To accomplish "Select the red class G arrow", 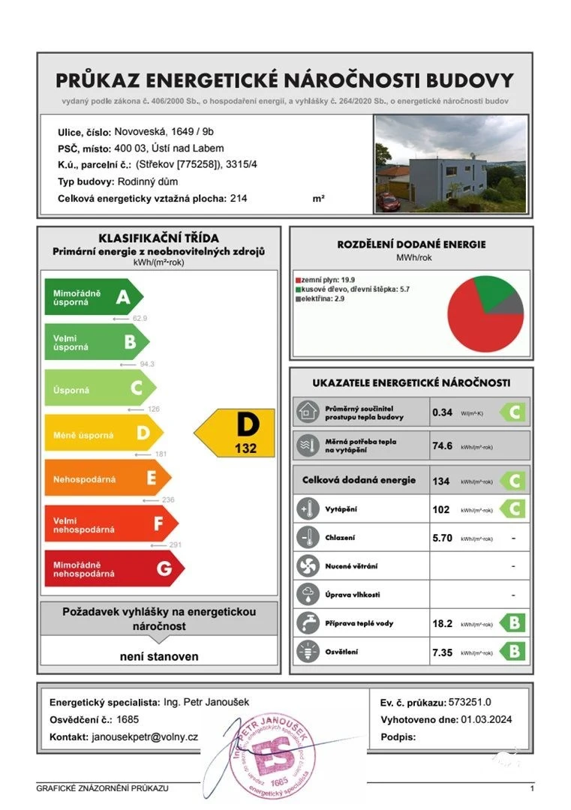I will click(x=113, y=568).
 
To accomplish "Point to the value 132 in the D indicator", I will click(x=245, y=448).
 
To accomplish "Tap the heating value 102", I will click(x=441, y=510).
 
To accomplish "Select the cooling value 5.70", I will click(x=442, y=538).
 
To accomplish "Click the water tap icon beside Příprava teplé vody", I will click(x=307, y=623).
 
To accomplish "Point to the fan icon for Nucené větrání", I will click(x=307, y=566).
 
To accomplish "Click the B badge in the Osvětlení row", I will click(x=514, y=652).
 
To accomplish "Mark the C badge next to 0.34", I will click(x=514, y=412).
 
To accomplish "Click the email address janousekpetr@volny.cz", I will click(x=145, y=737).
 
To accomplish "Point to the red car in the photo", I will click(x=387, y=201).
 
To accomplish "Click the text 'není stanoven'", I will click(x=159, y=656).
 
